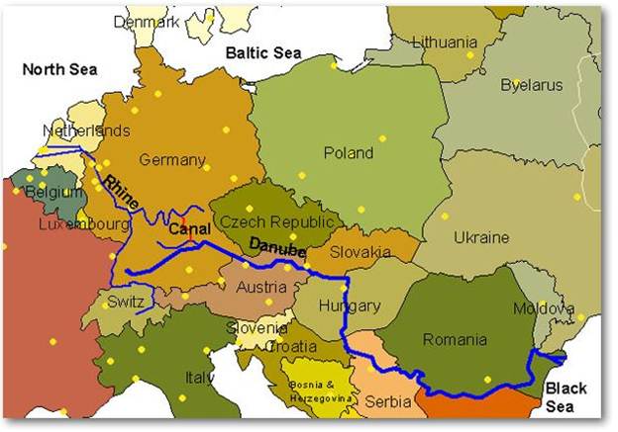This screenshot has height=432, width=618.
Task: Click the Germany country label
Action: pyautogui.click(x=172, y=160)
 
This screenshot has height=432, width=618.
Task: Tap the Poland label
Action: pyautogui.click(x=349, y=153)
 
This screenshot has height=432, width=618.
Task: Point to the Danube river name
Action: pyautogui.click(x=278, y=249)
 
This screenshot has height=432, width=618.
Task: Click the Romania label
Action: pyautogui.click(x=455, y=340)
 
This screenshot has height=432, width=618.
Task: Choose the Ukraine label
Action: pyautogui.click(x=481, y=238)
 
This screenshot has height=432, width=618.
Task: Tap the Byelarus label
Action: pyautogui.click(x=531, y=84)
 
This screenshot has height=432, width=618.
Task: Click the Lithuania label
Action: pyautogui.click(x=444, y=43)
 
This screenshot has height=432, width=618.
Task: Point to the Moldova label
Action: pyautogui.click(x=544, y=309)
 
